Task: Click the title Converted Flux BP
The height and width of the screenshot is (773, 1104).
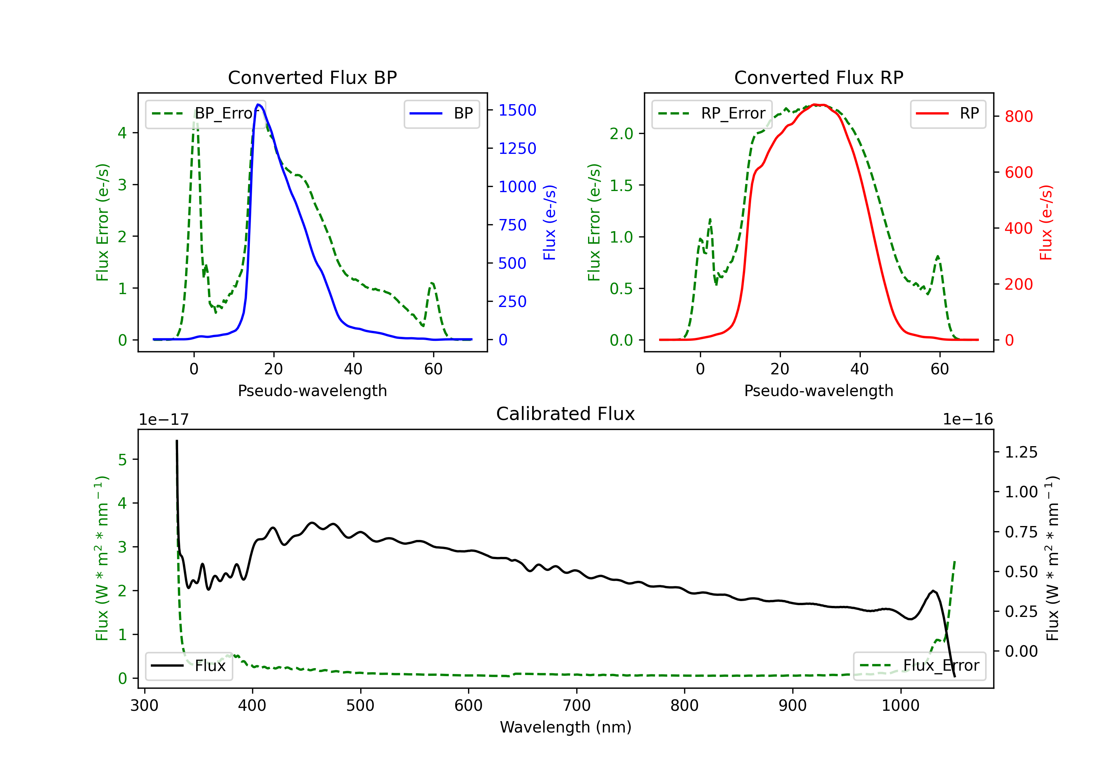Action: click(x=312, y=77)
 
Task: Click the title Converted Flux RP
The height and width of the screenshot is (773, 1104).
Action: click(x=818, y=77)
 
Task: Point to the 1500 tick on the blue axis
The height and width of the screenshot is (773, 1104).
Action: click(x=517, y=110)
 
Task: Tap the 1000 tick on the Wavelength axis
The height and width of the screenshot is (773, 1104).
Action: click(x=900, y=705)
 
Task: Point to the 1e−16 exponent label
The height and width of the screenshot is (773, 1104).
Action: click(x=967, y=420)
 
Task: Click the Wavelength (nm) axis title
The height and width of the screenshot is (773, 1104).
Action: click(x=566, y=727)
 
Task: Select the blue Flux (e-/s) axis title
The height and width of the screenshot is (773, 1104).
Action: click(x=549, y=222)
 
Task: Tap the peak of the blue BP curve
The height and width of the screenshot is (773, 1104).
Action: click(x=258, y=105)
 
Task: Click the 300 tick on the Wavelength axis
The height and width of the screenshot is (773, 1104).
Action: click(x=144, y=705)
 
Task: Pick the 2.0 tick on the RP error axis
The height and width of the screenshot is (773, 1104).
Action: click(x=621, y=134)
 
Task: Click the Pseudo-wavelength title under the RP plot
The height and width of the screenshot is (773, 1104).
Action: click(x=818, y=391)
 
